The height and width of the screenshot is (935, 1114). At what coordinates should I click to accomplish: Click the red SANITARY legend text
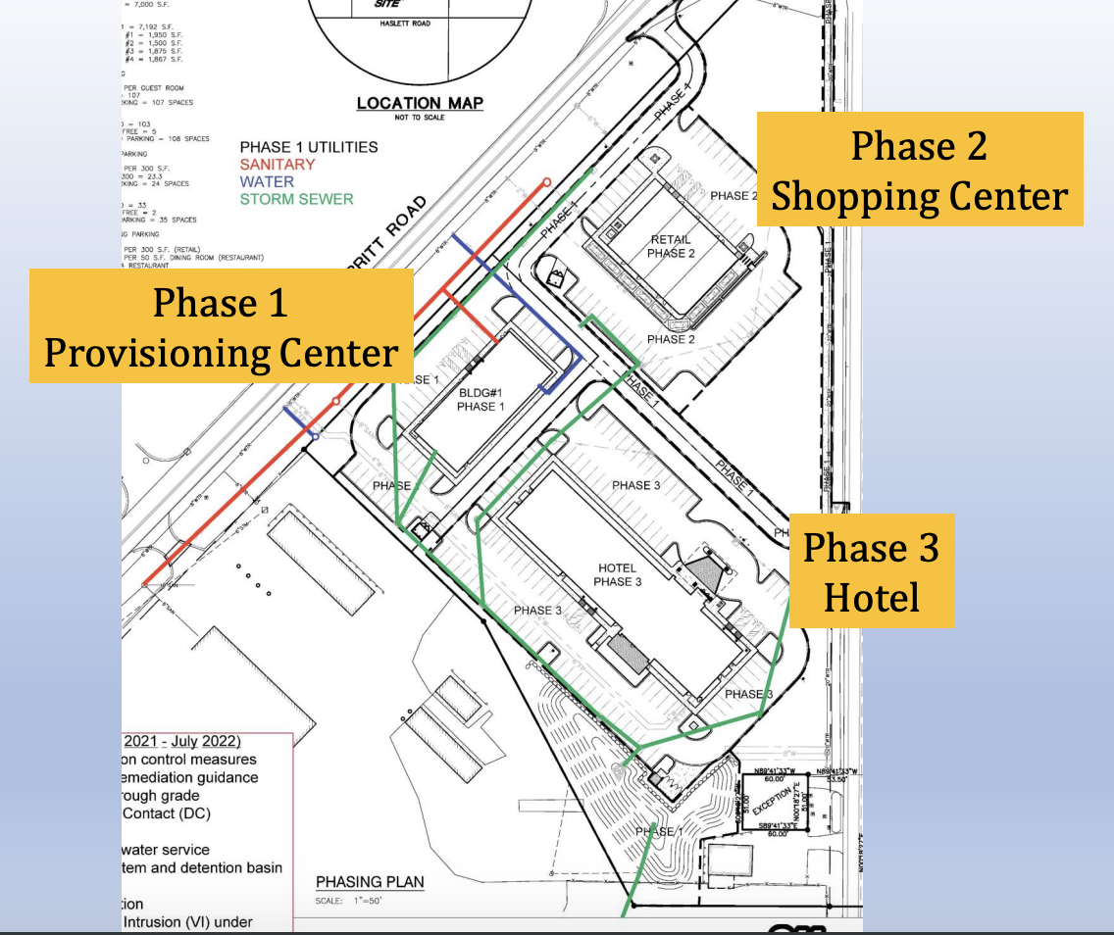pos(278,165)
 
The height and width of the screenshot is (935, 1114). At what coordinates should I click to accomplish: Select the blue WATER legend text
pos(267,181)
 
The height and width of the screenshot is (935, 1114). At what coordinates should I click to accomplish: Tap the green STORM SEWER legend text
pos(296,199)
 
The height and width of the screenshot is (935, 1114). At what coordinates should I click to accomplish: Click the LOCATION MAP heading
pos(420,103)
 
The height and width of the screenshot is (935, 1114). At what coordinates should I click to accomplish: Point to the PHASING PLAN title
pos(370,882)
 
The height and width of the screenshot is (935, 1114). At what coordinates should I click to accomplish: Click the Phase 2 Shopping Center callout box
pos(919,170)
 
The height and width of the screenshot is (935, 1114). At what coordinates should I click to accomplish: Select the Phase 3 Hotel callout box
pos(871,571)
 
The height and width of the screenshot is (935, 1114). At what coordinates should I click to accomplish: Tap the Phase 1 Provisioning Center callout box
pos(221,326)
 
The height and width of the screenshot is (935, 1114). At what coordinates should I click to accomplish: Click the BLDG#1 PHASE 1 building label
pos(481,399)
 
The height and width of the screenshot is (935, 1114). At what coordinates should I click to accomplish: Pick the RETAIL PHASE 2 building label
pos(671,246)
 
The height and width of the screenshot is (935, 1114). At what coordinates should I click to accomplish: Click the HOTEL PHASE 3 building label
pos(617,574)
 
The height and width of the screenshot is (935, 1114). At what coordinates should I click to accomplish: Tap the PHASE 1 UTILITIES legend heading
pos(309,147)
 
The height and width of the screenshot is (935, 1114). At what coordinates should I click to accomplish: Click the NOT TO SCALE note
pos(420,118)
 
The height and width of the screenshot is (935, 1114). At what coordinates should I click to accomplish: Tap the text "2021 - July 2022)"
pos(182,740)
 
